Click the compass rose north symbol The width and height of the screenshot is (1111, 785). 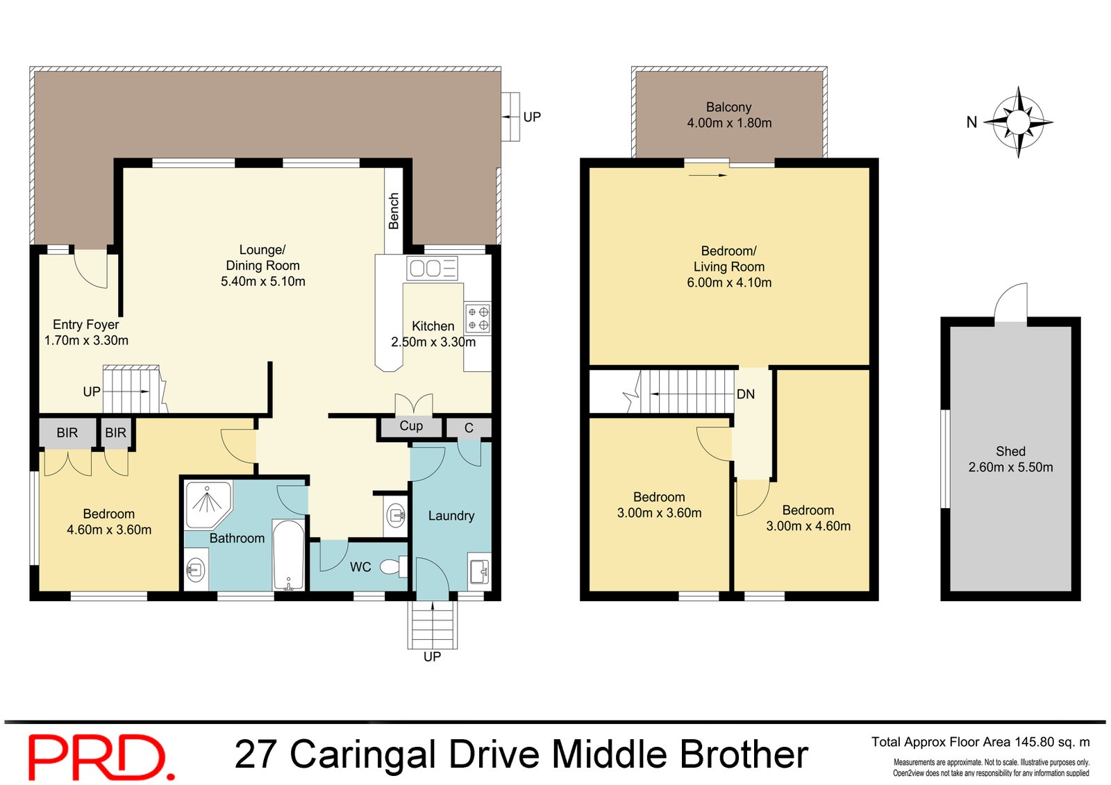(x=1017, y=122)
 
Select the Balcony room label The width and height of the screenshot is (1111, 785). (x=728, y=107)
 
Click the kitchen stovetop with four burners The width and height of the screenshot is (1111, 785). (x=478, y=319)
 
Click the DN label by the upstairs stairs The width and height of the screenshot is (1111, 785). (x=745, y=394)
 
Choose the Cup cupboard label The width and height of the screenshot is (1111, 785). (x=410, y=426)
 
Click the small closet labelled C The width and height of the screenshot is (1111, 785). (x=469, y=428)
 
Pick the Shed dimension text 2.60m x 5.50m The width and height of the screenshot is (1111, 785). (x=1010, y=467)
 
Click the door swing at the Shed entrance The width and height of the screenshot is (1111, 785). (x=1011, y=302)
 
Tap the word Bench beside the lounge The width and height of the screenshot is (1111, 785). (x=394, y=211)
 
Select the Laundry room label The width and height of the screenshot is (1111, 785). (x=451, y=516)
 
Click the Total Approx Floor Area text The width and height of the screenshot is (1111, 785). (x=980, y=742)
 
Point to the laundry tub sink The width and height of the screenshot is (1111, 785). (x=479, y=571)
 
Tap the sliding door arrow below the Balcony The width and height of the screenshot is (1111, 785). (x=708, y=175)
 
